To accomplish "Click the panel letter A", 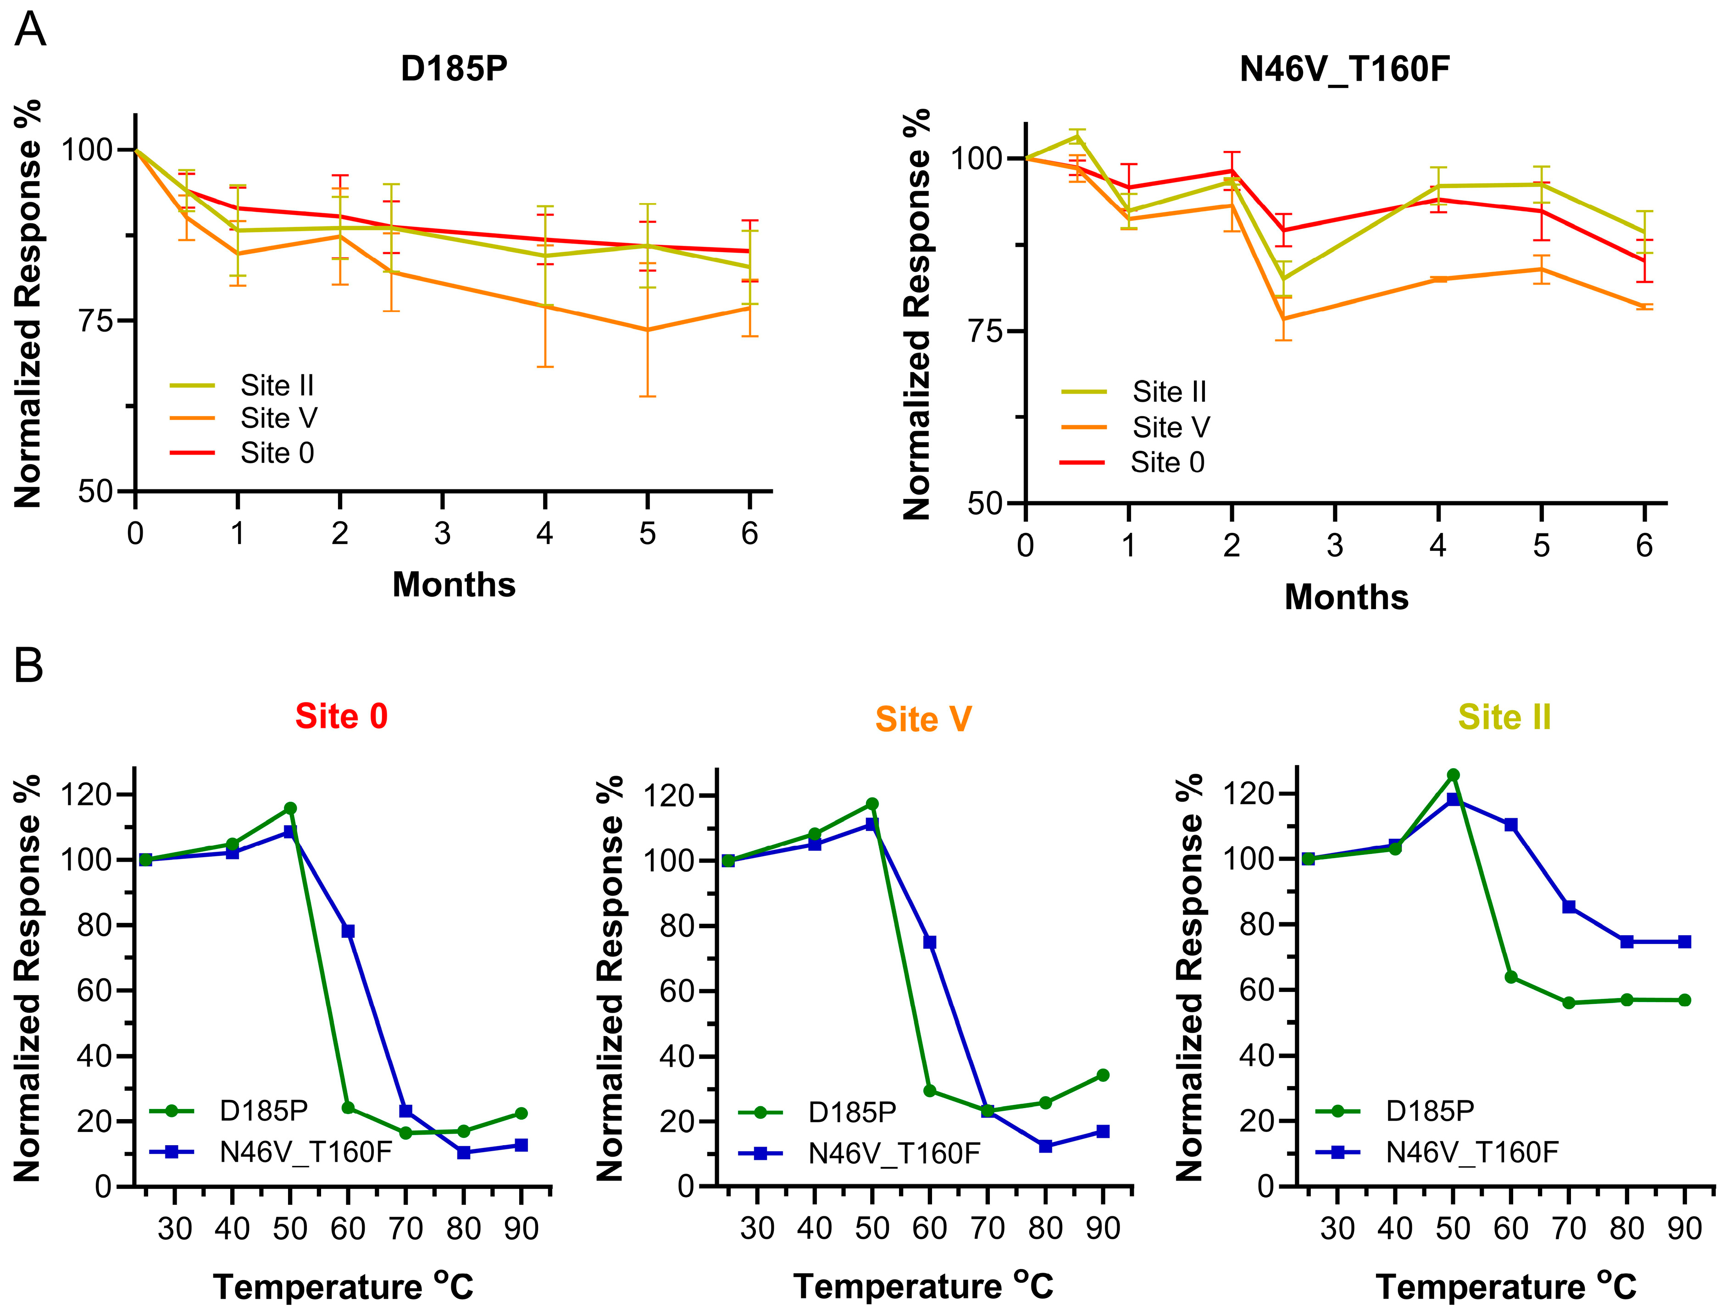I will click(x=30, y=31).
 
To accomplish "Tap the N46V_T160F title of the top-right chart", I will click(x=1344, y=69).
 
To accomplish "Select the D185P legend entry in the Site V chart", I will click(x=852, y=1111).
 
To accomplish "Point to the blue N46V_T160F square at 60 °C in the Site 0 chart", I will click(x=348, y=931).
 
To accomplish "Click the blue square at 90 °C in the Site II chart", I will click(x=1685, y=942).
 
